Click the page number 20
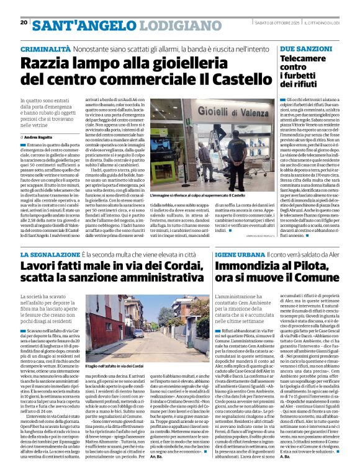tap(24, 23)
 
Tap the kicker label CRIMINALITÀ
tap(45, 48)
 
